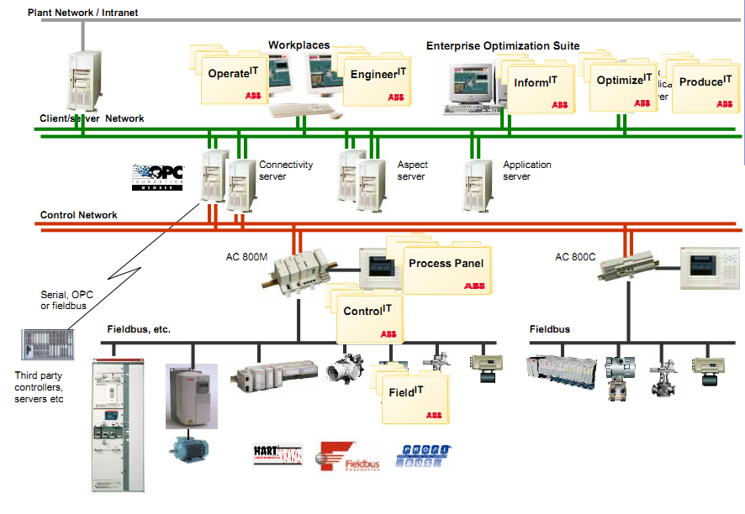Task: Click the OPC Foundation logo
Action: [x=157, y=177]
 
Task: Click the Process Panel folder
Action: [x=446, y=268]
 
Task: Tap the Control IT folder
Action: [x=367, y=316]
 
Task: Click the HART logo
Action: [x=277, y=454]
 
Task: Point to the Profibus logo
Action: [x=424, y=455]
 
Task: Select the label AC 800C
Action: [x=574, y=257]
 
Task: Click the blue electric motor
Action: [x=190, y=444]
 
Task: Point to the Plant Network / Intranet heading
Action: [x=82, y=13]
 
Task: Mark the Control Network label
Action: [x=79, y=216]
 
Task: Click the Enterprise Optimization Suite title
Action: [x=503, y=46]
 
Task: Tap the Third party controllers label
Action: [x=40, y=387]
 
